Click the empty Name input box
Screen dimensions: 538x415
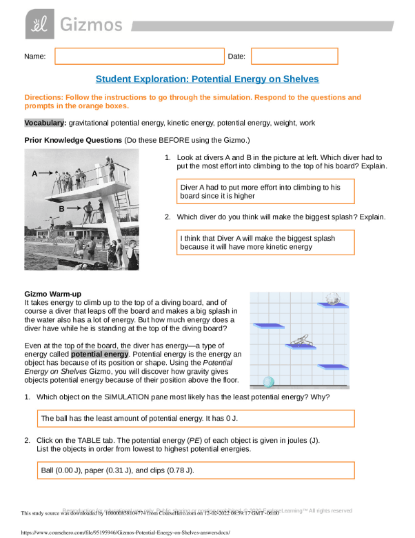[x=140, y=57]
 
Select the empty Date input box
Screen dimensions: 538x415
[x=294, y=57]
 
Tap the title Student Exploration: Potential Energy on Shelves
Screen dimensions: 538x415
[x=207, y=79]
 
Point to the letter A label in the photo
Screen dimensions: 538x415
[x=34, y=174]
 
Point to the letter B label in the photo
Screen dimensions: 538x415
[x=61, y=208]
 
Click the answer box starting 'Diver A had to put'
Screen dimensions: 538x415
[x=265, y=192]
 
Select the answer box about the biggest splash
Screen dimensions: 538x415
[x=265, y=242]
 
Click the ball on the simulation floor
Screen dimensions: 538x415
[x=268, y=381]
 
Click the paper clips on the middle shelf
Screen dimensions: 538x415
[x=301, y=341]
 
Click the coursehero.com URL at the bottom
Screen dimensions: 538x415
[x=125, y=533]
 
